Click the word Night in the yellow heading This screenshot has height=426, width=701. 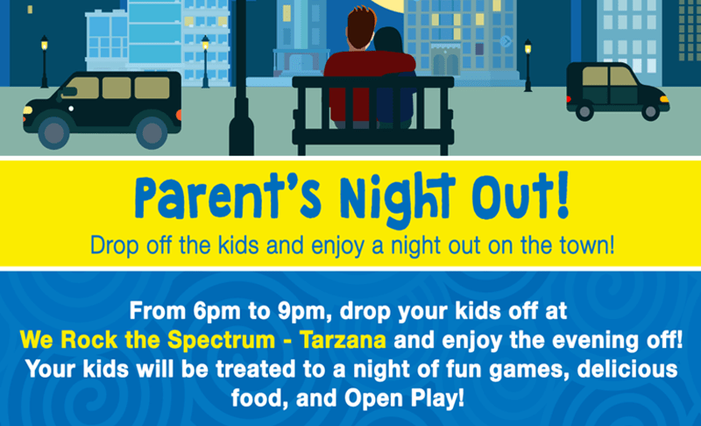[397, 198]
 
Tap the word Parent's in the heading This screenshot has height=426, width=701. [228, 196]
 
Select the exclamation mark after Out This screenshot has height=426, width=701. [563, 195]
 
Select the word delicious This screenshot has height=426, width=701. [627, 369]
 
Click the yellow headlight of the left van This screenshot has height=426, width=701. [28, 110]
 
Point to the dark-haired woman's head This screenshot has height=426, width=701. [388, 40]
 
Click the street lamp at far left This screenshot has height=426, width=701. [45, 61]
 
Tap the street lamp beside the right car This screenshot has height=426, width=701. [528, 65]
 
